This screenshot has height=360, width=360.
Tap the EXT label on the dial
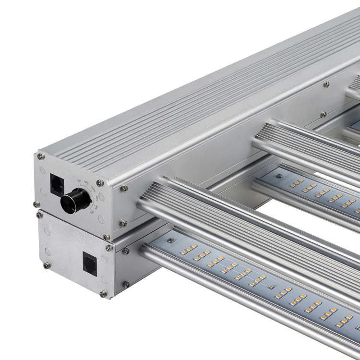[80, 181]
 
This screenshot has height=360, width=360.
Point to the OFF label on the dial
[86, 182]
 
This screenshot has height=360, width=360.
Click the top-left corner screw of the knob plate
[41, 156]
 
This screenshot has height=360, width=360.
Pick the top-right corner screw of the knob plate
[100, 183]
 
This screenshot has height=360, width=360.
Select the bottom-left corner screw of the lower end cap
[47, 265]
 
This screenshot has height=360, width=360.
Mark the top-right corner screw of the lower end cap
[109, 248]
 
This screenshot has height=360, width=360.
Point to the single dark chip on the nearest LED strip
[271, 287]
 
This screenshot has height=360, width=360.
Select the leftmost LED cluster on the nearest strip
[189, 249]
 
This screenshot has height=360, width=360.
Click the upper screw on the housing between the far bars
[326, 84]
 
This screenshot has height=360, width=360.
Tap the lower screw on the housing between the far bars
[323, 114]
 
